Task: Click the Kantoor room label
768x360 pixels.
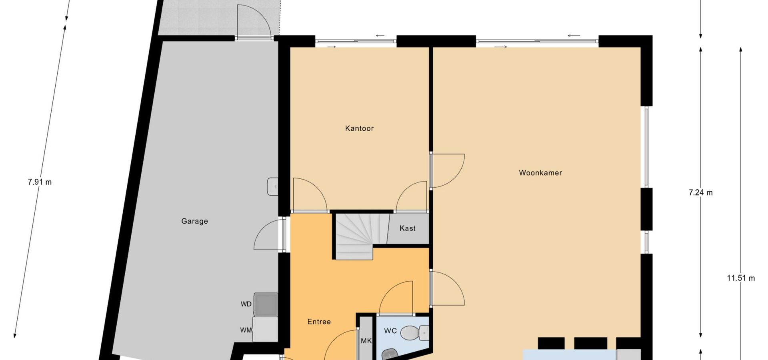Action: click(359, 128)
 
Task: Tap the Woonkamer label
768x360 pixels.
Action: click(540, 173)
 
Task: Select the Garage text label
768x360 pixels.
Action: click(194, 221)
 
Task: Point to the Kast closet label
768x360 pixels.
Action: click(408, 228)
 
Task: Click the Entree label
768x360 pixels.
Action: click(319, 322)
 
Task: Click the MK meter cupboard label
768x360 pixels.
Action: click(366, 341)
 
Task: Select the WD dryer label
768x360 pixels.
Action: click(246, 304)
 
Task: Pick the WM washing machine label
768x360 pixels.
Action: click(246, 330)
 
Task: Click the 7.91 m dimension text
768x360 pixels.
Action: click(40, 182)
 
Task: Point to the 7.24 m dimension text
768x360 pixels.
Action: click(700, 193)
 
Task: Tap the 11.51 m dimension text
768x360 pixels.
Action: click(741, 278)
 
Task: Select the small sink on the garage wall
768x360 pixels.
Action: click(272, 187)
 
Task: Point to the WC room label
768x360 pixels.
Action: click(390, 331)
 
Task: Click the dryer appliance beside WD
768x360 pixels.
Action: click(266, 305)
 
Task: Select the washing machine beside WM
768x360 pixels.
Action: click(266, 329)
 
